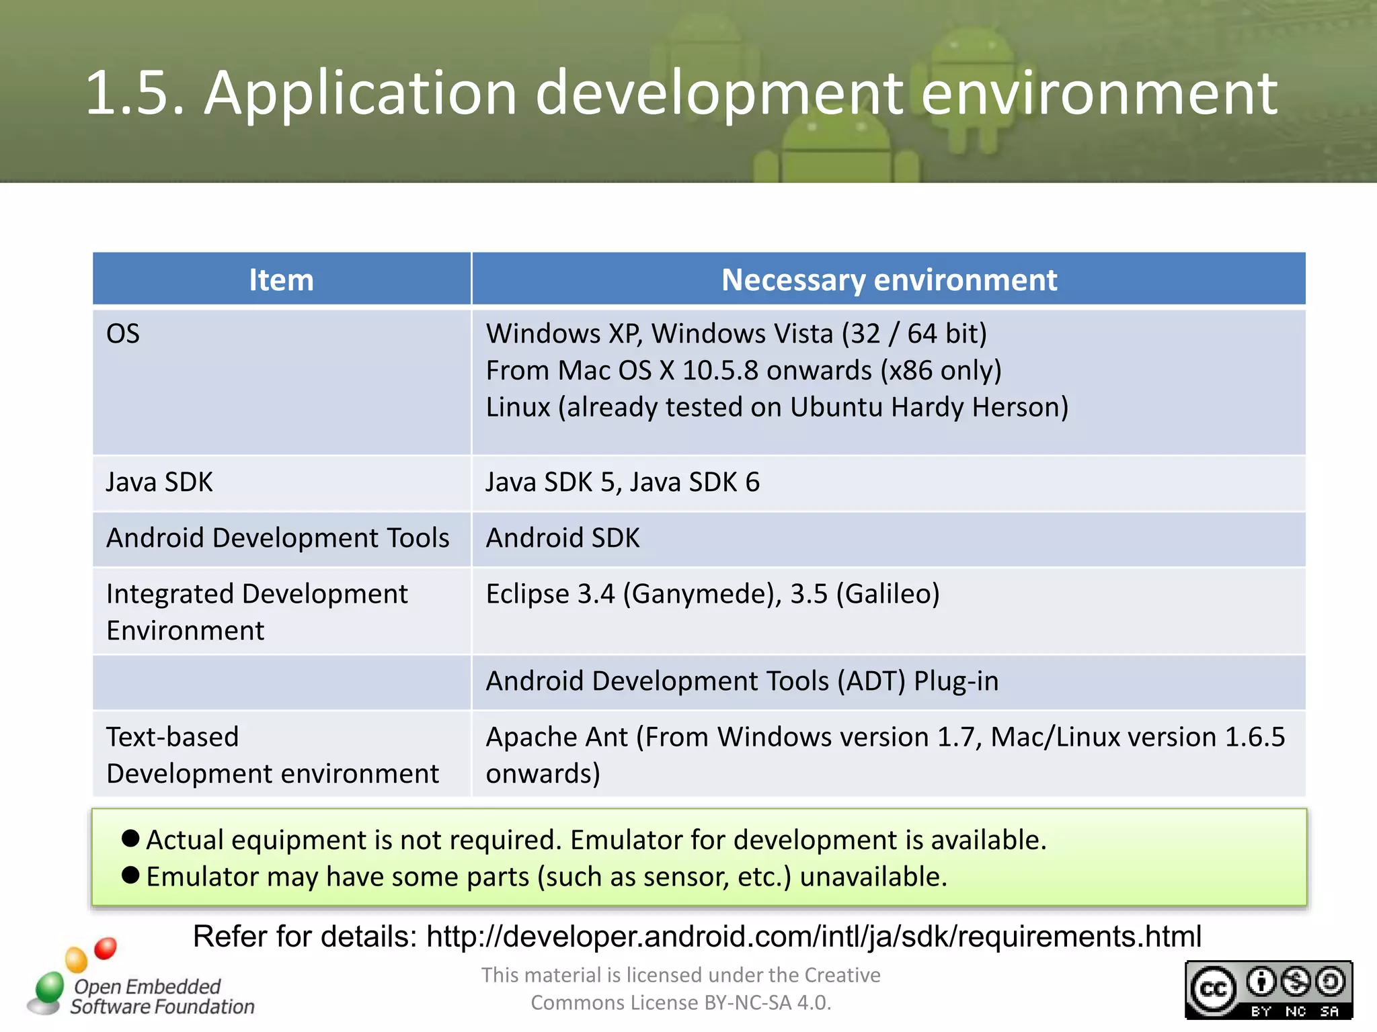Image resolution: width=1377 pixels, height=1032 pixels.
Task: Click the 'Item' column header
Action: pos(281,279)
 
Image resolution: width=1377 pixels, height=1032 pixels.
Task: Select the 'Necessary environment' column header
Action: pos(888,279)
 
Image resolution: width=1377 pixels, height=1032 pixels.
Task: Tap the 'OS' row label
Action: pos(123,334)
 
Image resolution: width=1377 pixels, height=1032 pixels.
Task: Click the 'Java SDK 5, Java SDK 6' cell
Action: pos(623,482)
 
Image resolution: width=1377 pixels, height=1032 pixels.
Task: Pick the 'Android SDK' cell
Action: pos(563,538)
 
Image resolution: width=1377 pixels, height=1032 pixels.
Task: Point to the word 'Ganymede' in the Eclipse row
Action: pos(699,594)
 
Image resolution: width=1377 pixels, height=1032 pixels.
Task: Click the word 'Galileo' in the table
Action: pos(888,594)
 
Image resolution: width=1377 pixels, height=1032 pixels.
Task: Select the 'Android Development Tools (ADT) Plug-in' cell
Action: pos(742,681)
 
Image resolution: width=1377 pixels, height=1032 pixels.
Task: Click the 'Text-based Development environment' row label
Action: pos(272,755)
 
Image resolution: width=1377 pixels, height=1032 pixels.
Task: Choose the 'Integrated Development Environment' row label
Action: pos(257,612)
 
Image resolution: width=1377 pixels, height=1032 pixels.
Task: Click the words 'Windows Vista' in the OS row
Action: pos(742,334)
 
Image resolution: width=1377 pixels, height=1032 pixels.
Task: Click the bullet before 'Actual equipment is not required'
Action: pos(130,838)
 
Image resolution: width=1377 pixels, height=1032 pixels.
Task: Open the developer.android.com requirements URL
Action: pos(814,936)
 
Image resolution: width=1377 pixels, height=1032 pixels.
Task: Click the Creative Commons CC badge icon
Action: pos(1213,989)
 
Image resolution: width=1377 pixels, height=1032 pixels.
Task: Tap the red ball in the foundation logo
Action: pos(106,948)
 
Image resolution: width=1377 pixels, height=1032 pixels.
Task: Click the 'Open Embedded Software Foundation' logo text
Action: pos(161,996)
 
